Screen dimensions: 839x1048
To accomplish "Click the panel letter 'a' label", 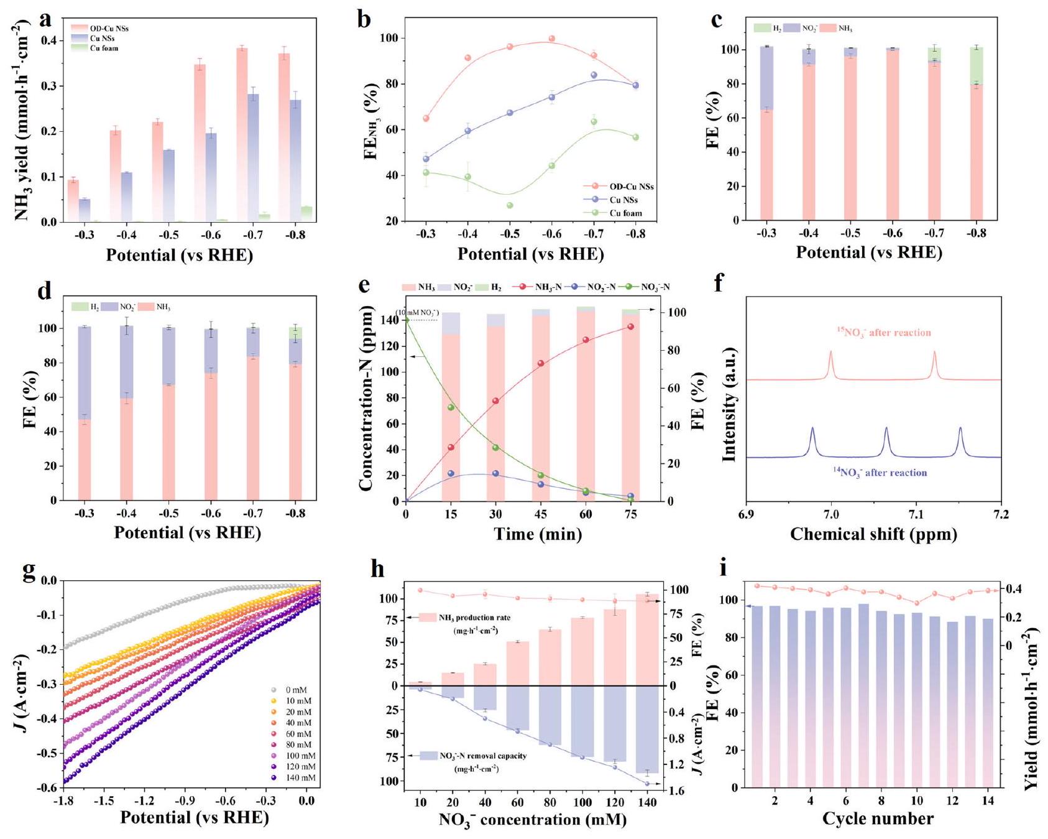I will pyautogui.click(x=45, y=20).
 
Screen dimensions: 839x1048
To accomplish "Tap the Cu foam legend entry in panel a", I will pyautogui.click(x=103, y=48).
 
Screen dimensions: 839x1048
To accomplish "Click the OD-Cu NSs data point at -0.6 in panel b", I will pyautogui.click(x=551, y=39).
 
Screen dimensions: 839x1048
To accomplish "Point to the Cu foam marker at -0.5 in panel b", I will pyautogui.click(x=510, y=205).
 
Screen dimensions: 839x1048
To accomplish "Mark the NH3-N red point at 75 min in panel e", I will pyautogui.click(x=630, y=327).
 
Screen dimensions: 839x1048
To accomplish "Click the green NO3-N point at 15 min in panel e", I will pyautogui.click(x=451, y=407).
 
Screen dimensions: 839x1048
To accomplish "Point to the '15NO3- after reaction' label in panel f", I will pyautogui.click(x=883, y=333).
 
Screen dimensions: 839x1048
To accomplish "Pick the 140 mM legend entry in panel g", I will pyautogui.click(x=300, y=777).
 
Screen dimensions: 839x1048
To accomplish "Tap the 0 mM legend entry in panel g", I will pyautogui.click(x=296, y=690).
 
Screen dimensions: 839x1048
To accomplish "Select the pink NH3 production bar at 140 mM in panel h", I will pyautogui.click(x=647, y=640).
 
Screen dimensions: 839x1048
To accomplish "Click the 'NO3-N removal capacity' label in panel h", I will pyautogui.click(x=482, y=756).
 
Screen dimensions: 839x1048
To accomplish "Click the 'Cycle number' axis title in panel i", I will pyautogui.click(x=878, y=818).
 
